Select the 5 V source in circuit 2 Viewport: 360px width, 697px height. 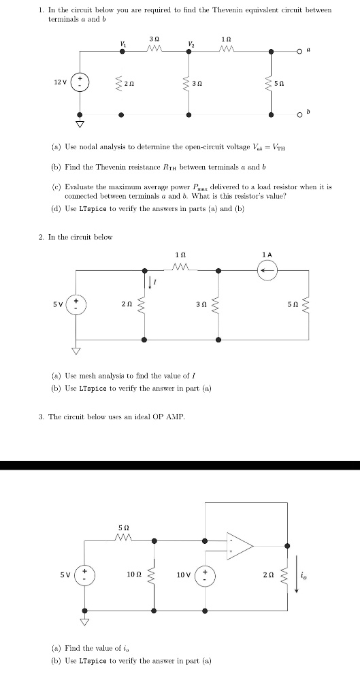pos(76,304)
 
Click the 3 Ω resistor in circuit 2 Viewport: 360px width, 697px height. pos(218,304)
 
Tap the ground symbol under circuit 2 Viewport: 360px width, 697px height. pos(76,351)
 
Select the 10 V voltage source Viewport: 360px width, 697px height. pos(206,575)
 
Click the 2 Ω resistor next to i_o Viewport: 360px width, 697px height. pos(287,575)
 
